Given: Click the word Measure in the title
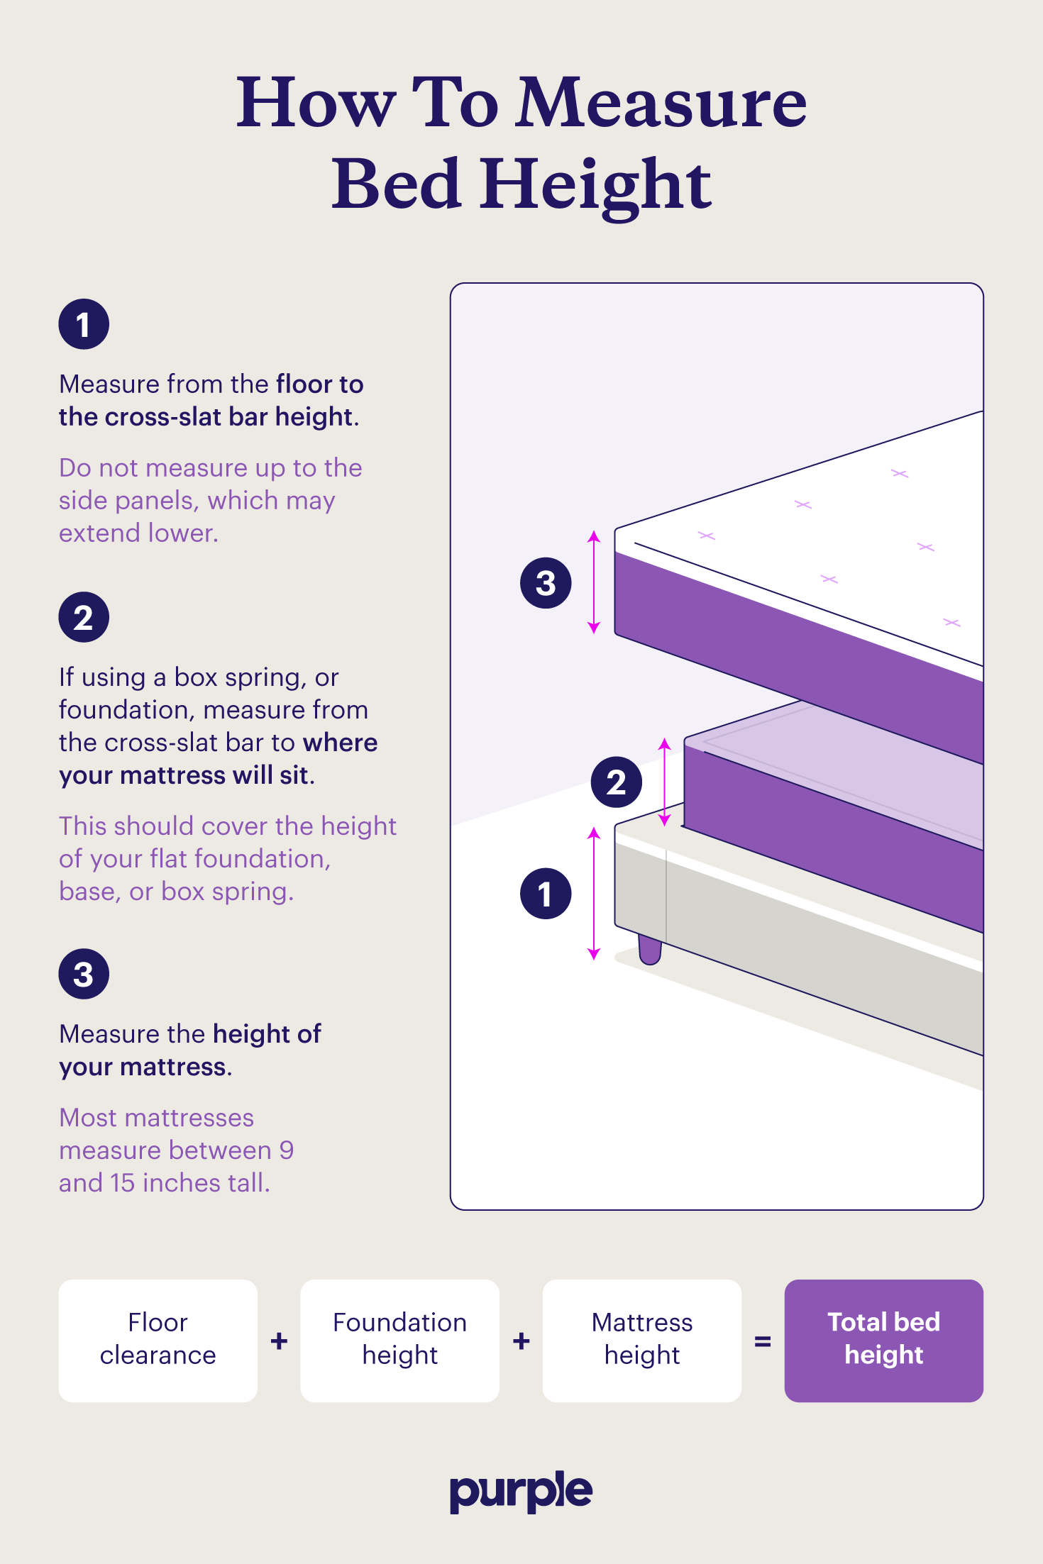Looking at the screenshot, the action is click(662, 103).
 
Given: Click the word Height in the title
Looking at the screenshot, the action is click(595, 186).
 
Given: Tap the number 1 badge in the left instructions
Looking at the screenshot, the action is click(84, 324).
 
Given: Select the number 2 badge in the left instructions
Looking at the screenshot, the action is click(84, 617).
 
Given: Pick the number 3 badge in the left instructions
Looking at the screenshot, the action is click(84, 974).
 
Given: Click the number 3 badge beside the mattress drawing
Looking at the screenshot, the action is click(546, 583).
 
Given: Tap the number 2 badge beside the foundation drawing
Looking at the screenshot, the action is click(617, 782).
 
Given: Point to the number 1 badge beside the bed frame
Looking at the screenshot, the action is click(546, 894).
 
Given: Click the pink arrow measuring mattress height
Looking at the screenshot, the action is click(595, 582).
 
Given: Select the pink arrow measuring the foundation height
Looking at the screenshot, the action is click(665, 782).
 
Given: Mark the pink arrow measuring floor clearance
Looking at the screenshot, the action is click(595, 894).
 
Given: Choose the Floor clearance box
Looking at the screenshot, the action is click(158, 1341).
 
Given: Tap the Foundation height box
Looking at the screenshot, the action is click(400, 1341).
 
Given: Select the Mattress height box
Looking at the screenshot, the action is click(642, 1341).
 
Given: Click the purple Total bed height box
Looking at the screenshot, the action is click(884, 1341).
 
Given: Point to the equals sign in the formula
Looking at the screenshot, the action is click(763, 1341).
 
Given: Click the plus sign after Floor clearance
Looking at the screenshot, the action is click(280, 1341).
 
